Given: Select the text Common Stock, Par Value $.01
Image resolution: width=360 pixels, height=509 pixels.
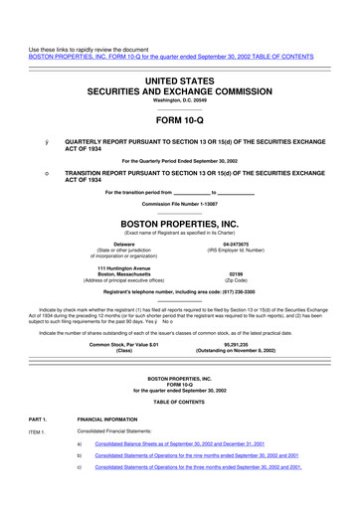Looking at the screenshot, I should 124,343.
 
